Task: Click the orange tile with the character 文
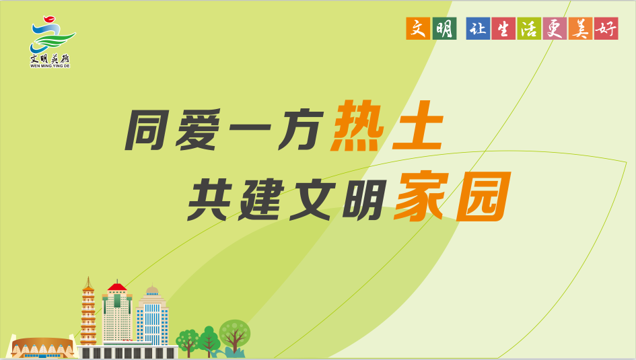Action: [x=418, y=28]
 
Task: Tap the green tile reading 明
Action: [x=445, y=28]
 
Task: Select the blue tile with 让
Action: [x=479, y=28]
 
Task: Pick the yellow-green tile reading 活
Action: [x=529, y=28]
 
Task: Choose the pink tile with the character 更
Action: [x=555, y=28]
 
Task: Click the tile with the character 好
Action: [x=606, y=28]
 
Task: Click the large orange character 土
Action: [x=418, y=127]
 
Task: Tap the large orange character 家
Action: [x=422, y=196]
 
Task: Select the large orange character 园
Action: [x=483, y=196]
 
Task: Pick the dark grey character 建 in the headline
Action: [x=260, y=201]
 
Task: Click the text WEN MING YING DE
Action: [x=50, y=66]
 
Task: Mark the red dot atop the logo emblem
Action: [x=49, y=19]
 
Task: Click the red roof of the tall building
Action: [x=117, y=287]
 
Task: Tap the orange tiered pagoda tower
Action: [x=88, y=312]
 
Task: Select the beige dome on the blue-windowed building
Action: [x=152, y=290]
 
